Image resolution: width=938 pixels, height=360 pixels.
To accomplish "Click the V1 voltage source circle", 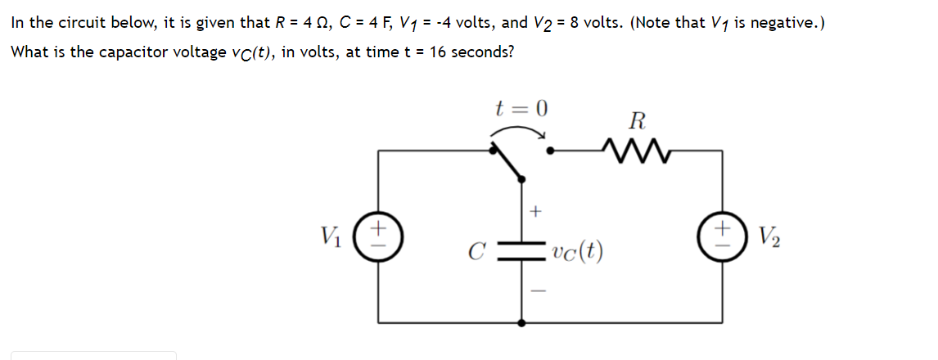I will point(378,238).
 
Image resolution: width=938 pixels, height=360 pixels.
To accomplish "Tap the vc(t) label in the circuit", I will point(578,251).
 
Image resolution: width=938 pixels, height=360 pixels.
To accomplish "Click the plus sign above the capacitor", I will point(536,212).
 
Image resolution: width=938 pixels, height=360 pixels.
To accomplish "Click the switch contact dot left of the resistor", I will point(552,151).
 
